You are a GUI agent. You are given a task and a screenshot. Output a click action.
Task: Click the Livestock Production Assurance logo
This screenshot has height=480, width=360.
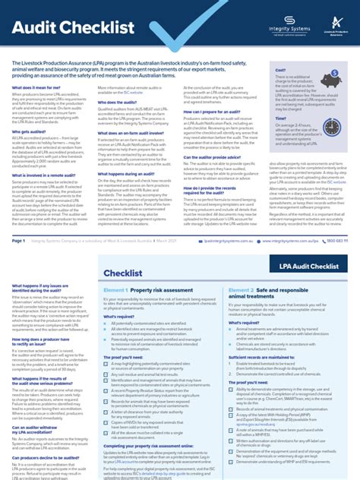point(333,26)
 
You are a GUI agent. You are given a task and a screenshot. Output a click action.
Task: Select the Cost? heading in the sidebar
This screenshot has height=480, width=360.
point(280,70)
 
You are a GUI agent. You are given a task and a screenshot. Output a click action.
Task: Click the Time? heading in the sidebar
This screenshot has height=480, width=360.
point(281,118)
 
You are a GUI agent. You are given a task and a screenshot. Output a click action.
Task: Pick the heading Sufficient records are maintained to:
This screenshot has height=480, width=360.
point(254,355)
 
